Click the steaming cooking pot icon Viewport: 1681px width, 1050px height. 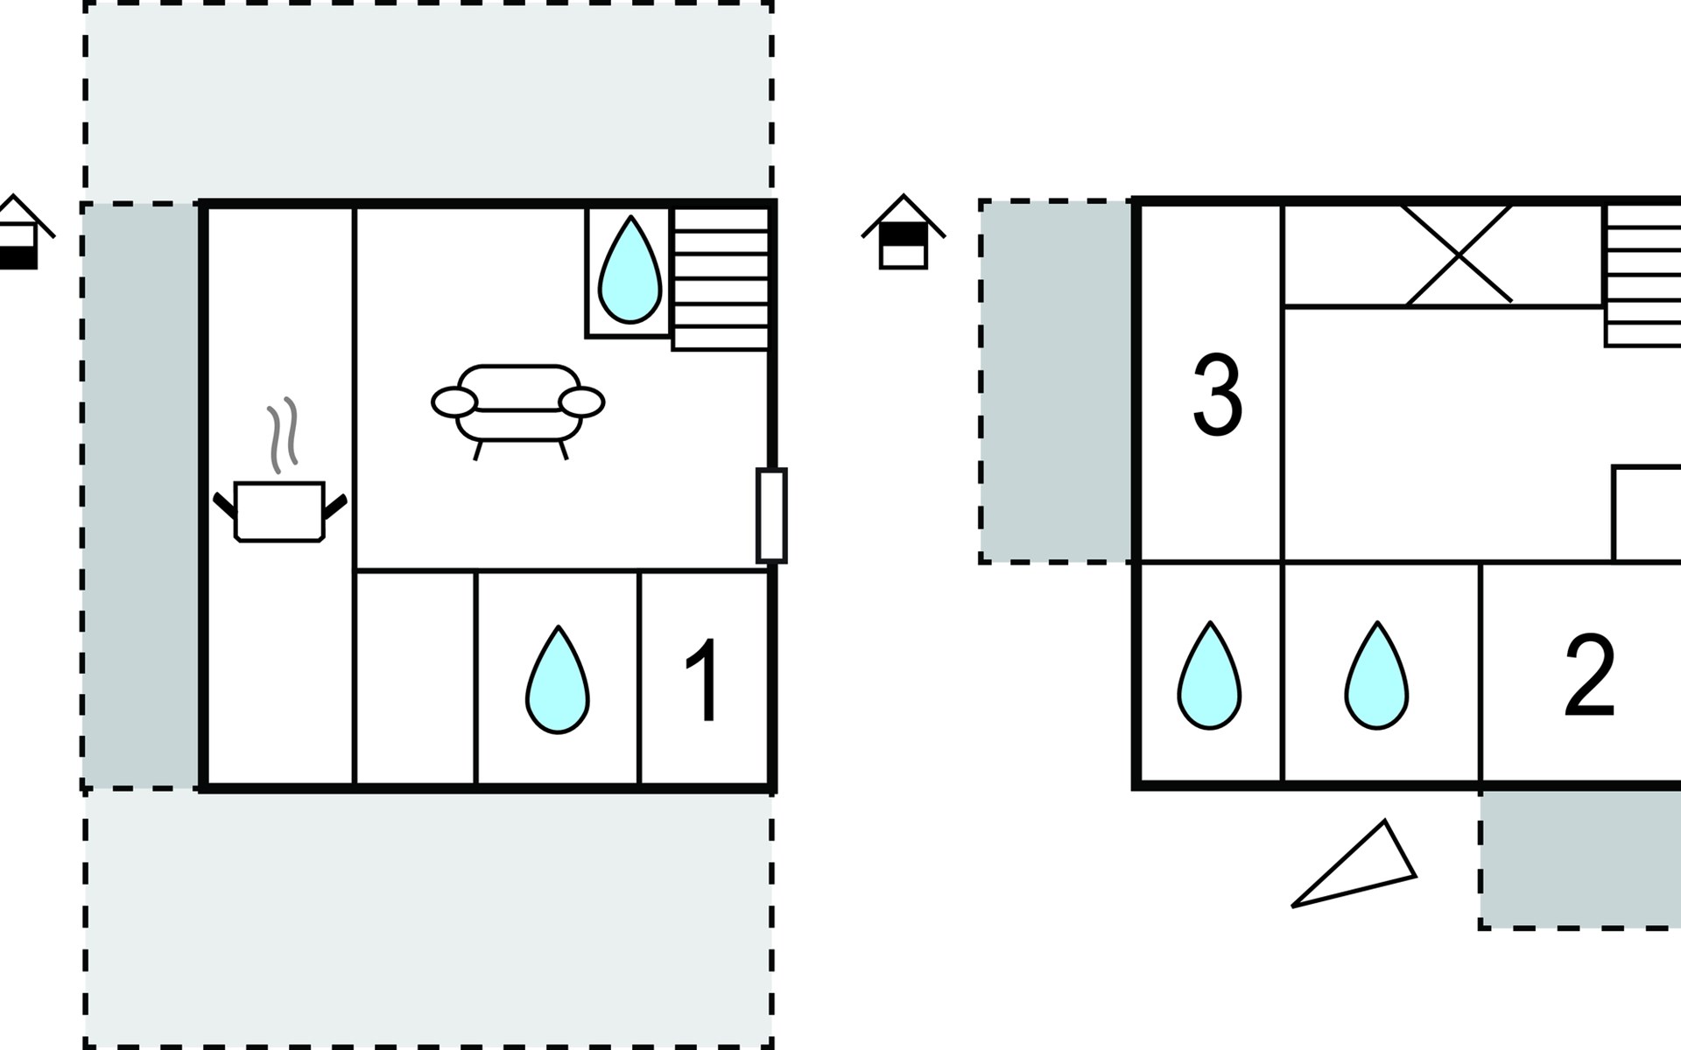(280, 511)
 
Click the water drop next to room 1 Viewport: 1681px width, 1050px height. (558, 679)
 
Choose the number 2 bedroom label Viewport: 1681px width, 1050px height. (1589, 675)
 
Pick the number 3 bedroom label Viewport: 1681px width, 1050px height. (1218, 395)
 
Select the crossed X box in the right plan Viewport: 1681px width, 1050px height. (1459, 255)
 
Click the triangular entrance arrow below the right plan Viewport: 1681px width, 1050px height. (1354, 864)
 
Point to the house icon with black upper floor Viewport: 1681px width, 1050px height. (904, 231)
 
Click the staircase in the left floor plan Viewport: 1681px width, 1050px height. (721, 278)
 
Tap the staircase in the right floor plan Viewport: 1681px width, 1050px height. (1642, 275)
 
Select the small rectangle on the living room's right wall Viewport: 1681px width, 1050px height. (771, 515)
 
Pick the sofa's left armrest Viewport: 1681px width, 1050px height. (454, 402)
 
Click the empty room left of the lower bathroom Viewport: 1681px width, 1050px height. (416, 678)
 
